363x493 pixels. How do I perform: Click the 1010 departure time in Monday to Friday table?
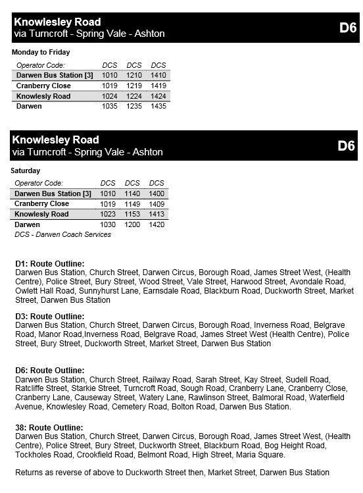pos(109,75)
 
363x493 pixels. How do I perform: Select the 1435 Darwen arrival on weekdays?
pos(158,106)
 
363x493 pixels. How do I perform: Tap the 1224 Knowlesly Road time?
pos(134,96)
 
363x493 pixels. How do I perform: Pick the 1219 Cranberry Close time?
pos(134,86)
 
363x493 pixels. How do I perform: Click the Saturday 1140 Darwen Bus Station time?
pos(132,194)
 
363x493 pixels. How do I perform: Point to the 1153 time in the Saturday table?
pos(132,214)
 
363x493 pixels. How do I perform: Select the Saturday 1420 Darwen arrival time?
pos(157,224)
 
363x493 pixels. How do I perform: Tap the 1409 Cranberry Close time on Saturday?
pos(157,204)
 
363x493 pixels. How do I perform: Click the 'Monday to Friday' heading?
pos(41,52)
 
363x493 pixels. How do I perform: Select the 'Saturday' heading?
pos(26,170)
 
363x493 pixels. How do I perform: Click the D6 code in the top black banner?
pos(348,28)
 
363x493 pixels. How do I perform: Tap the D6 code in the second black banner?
pos(346,145)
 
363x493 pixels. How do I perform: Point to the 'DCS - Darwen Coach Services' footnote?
pos(62,234)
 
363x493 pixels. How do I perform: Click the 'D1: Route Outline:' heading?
pos(50,263)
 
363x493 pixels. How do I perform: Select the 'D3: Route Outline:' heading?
pos(50,317)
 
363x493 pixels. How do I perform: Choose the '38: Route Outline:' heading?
pos(49,428)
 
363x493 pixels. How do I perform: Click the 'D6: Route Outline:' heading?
pos(50,371)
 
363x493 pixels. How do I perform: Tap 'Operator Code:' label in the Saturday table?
pos(39,183)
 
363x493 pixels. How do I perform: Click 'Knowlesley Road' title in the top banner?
pos(57,22)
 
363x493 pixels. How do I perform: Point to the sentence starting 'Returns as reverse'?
pos(172,473)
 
